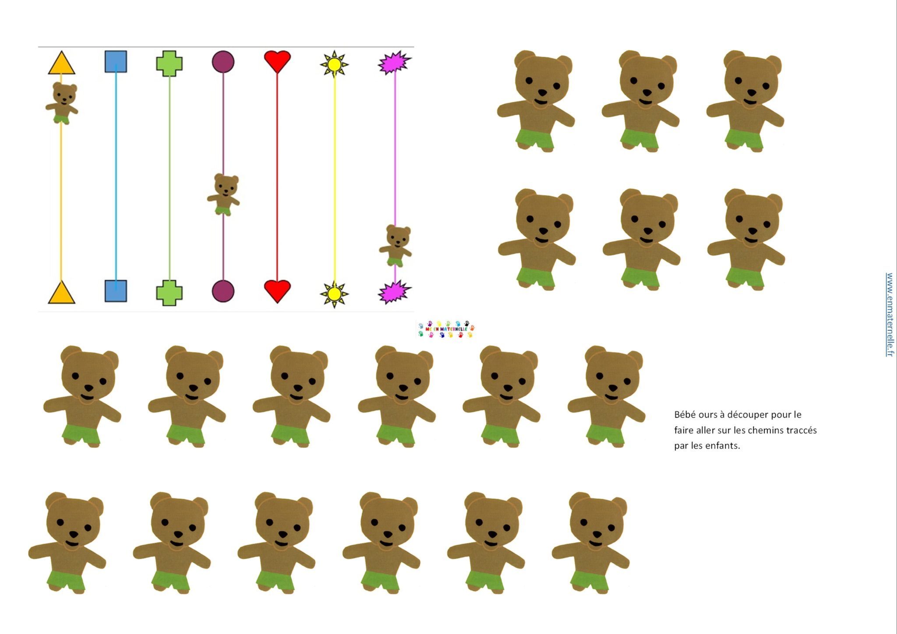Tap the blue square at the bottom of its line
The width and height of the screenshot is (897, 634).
116,291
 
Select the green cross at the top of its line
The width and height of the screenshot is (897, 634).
169,63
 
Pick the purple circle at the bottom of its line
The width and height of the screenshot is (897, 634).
223,291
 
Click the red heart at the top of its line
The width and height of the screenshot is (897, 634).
277,61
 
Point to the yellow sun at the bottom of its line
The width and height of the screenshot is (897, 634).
334,294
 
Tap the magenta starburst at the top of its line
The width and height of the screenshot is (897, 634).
394,63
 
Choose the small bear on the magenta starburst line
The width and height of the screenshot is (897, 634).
396,246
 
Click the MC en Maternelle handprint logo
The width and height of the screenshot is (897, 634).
446,329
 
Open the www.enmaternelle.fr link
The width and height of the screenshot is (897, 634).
889,314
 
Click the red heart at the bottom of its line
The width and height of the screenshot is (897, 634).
277,291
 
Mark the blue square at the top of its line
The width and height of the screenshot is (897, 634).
116,62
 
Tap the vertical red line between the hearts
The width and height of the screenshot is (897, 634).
277,175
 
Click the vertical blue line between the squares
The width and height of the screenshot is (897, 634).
116,175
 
